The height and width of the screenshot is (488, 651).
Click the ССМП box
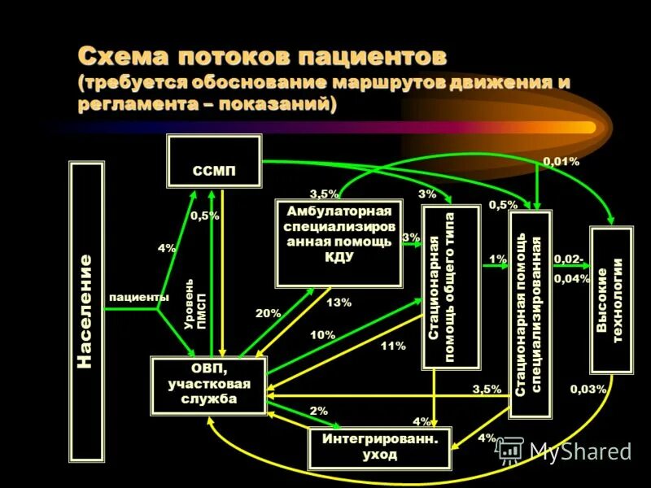(214, 161)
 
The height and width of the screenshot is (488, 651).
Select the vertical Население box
(86, 311)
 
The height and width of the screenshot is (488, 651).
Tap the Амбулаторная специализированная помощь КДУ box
(339, 242)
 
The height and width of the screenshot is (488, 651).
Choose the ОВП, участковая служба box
(208, 385)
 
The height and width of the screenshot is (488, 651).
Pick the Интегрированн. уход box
(380, 447)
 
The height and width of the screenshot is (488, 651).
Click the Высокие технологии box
(611, 300)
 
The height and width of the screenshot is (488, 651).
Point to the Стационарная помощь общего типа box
(451, 287)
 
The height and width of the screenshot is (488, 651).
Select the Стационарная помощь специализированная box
(530, 313)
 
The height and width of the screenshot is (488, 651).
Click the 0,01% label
(561, 162)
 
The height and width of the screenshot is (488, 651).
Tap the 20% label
(268, 313)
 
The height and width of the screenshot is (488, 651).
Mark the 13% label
(339, 303)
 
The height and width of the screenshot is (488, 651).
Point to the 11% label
(393, 346)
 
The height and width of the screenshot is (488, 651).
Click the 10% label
(322, 334)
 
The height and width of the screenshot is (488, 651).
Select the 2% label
(318, 412)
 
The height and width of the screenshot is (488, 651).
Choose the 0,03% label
(588, 389)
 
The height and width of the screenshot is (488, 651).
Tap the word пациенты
(139, 298)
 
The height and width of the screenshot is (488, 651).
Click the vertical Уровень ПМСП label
(196, 303)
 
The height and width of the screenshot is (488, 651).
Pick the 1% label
(497, 259)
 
